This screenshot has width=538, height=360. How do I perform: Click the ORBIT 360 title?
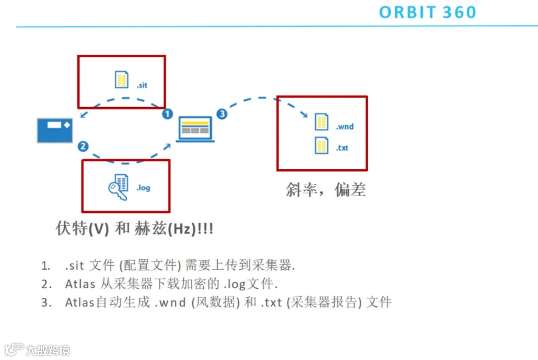pos(427,12)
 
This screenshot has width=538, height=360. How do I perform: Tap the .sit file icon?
pos(122,80)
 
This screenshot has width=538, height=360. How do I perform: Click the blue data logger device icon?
pos(55,130)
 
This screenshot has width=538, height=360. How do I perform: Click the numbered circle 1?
pos(167,114)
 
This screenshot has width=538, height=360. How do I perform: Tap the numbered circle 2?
pos(83,146)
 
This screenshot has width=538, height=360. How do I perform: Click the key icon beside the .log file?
pos(118,190)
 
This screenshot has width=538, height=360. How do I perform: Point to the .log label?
pos(143,188)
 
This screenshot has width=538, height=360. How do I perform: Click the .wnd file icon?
pos(322,122)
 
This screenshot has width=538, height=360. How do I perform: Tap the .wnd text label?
pos(344,127)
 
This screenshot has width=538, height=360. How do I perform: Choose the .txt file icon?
pos(322,145)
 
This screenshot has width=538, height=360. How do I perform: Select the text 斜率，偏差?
pos(326,190)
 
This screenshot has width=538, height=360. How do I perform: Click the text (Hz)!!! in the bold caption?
pos(190,229)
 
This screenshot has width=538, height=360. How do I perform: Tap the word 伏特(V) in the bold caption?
pos(81,229)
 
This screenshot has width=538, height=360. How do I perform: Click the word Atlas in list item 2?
pos(80,284)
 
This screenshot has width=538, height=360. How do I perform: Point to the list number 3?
pos(46,302)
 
